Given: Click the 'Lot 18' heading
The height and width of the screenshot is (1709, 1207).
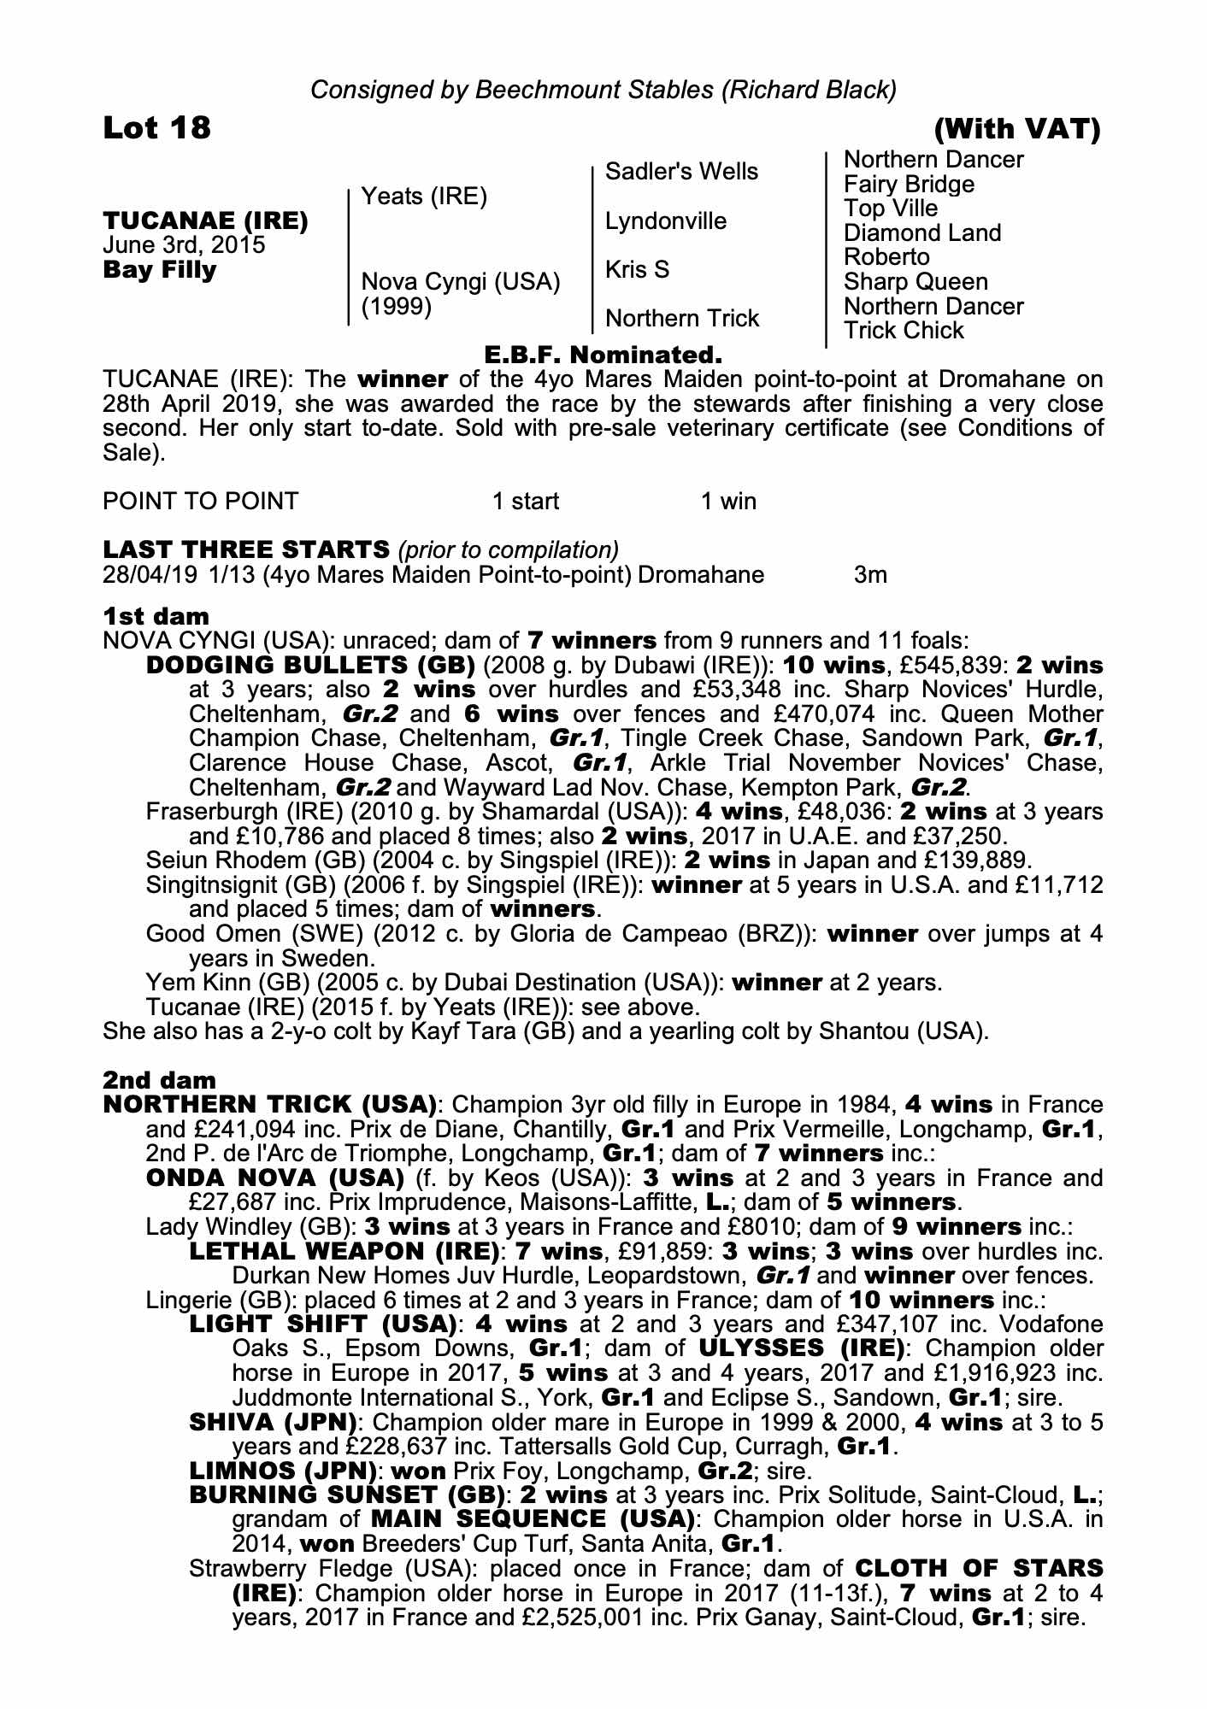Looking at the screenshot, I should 156,128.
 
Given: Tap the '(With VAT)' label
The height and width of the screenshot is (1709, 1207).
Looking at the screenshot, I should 1016,129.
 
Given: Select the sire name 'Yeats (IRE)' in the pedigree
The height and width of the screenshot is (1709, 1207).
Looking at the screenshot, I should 424,197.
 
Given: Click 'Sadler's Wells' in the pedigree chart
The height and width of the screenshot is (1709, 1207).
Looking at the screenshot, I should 681,172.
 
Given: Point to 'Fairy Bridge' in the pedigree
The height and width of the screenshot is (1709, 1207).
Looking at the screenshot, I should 908,185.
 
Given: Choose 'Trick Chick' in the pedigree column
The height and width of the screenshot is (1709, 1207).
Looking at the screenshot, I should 903,331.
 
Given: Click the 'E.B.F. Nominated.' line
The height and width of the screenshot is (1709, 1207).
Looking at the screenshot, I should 603,354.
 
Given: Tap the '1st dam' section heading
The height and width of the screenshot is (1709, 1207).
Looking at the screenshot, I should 156,615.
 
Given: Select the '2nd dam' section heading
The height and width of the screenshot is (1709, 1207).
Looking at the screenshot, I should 159,1080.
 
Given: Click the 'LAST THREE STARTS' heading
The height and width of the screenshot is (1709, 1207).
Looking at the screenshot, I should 246,549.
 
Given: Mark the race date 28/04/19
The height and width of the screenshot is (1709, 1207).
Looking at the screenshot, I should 150,574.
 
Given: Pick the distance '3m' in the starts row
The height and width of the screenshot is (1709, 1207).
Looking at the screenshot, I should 870,574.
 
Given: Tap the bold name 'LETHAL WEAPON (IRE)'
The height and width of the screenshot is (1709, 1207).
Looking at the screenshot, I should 344,1252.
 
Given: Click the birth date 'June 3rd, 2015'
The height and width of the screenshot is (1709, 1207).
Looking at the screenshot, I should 184,245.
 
